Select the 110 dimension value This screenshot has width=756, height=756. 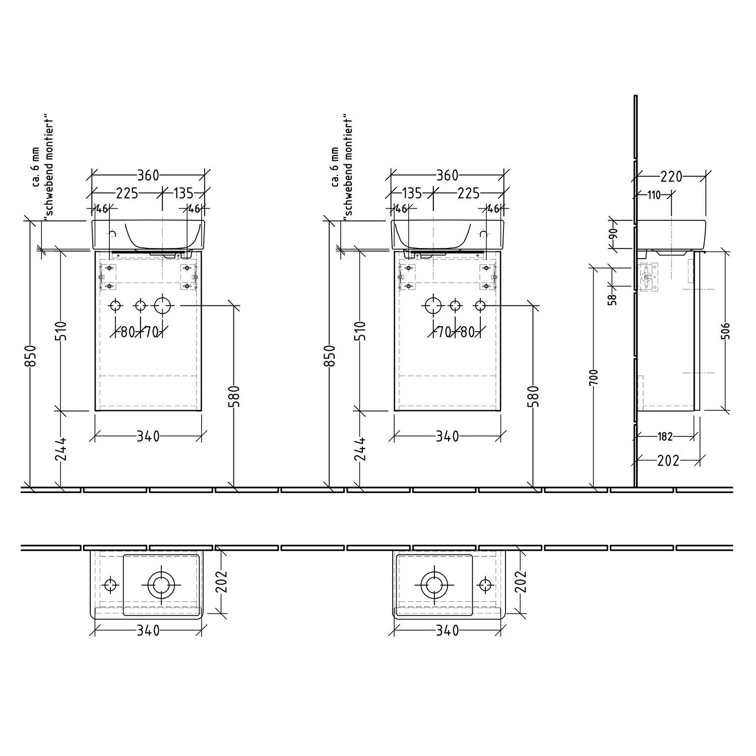pyautogui.click(x=654, y=195)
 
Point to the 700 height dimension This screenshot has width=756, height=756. pyautogui.click(x=594, y=377)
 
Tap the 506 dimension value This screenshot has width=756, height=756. pyautogui.click(x=726, y=331)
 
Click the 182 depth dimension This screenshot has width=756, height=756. pyautogui.click(x=666, y=436)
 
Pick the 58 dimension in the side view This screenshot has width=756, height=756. pyautogui.click(x=613, y=299)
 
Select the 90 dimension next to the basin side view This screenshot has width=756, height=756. pyautogui.click(x=613, y=234)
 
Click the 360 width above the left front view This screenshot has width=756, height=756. pyautogui.click(x=148, y=175)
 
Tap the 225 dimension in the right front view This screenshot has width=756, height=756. pyautogui.click(x=469, y=193)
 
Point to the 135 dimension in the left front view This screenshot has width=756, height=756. pyautogui.click(x=183, y=193)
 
